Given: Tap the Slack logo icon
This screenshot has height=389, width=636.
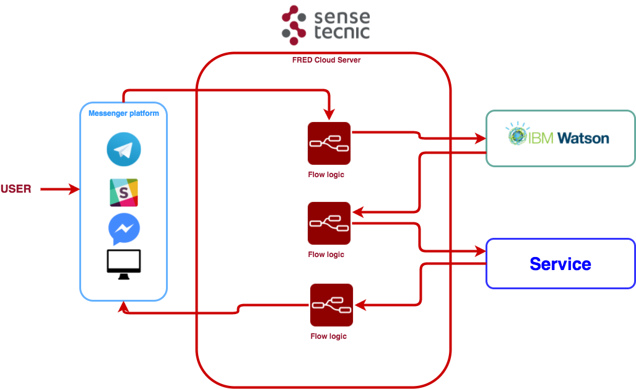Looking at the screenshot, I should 123,193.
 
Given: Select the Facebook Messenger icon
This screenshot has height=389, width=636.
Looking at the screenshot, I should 123,229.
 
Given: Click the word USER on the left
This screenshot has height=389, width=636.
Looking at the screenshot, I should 16,189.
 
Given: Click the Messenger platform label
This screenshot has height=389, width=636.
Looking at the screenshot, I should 123,113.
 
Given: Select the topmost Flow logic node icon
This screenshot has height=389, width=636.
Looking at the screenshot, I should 329,144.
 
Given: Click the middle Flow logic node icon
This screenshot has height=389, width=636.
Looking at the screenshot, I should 329,223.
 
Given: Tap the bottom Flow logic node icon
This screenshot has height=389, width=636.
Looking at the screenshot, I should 331,305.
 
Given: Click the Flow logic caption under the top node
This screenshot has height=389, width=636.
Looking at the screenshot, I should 326,175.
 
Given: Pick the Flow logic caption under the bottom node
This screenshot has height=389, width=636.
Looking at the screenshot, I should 328,336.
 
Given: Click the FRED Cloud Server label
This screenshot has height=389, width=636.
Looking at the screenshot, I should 326,60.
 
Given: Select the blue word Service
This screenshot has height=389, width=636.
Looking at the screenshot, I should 560,264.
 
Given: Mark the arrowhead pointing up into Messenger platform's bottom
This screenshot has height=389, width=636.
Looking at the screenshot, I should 124,307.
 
